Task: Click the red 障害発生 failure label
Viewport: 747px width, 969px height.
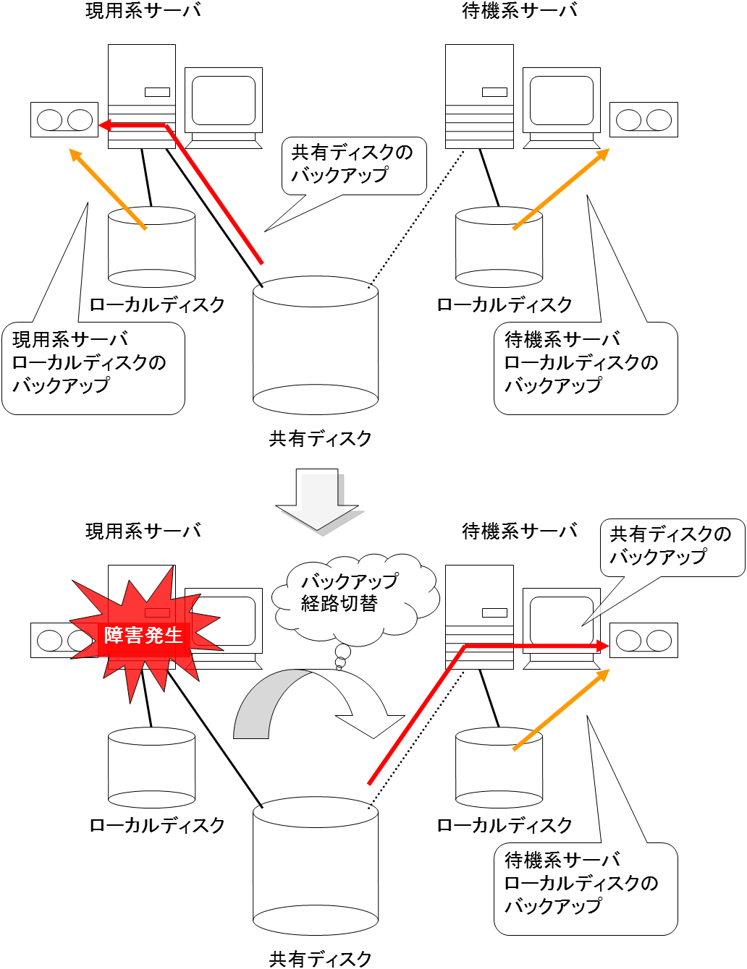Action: [143, 636]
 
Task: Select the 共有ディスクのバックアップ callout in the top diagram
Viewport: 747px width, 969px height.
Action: [353, 165]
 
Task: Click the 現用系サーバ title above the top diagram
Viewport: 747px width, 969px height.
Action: [143, 11]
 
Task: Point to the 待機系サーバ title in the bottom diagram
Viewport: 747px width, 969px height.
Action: [520, 532]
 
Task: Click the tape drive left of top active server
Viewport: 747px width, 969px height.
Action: [64, 119]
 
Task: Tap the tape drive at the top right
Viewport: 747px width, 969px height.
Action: [643, 119]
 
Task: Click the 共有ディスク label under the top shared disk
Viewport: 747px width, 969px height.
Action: [320, 438]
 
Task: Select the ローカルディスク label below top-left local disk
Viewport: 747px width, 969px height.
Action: [156, 304]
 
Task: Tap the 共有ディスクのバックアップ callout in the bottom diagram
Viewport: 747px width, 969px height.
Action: [671, 547]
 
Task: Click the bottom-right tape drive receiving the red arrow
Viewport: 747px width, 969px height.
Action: [643, 640]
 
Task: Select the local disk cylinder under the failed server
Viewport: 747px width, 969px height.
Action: [151, 768]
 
